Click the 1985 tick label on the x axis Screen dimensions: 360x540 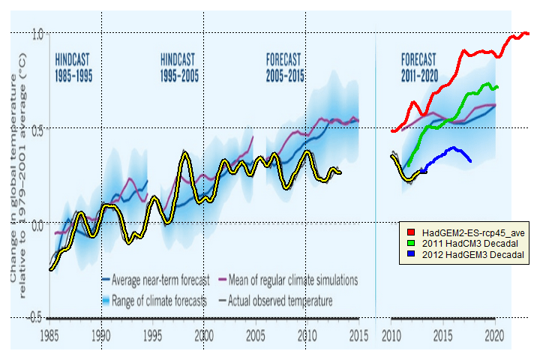pos(50,335)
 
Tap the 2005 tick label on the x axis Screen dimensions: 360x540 pos(256,335)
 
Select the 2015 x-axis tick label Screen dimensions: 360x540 pos(358,335)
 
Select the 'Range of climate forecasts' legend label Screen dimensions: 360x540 pos(158,301)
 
